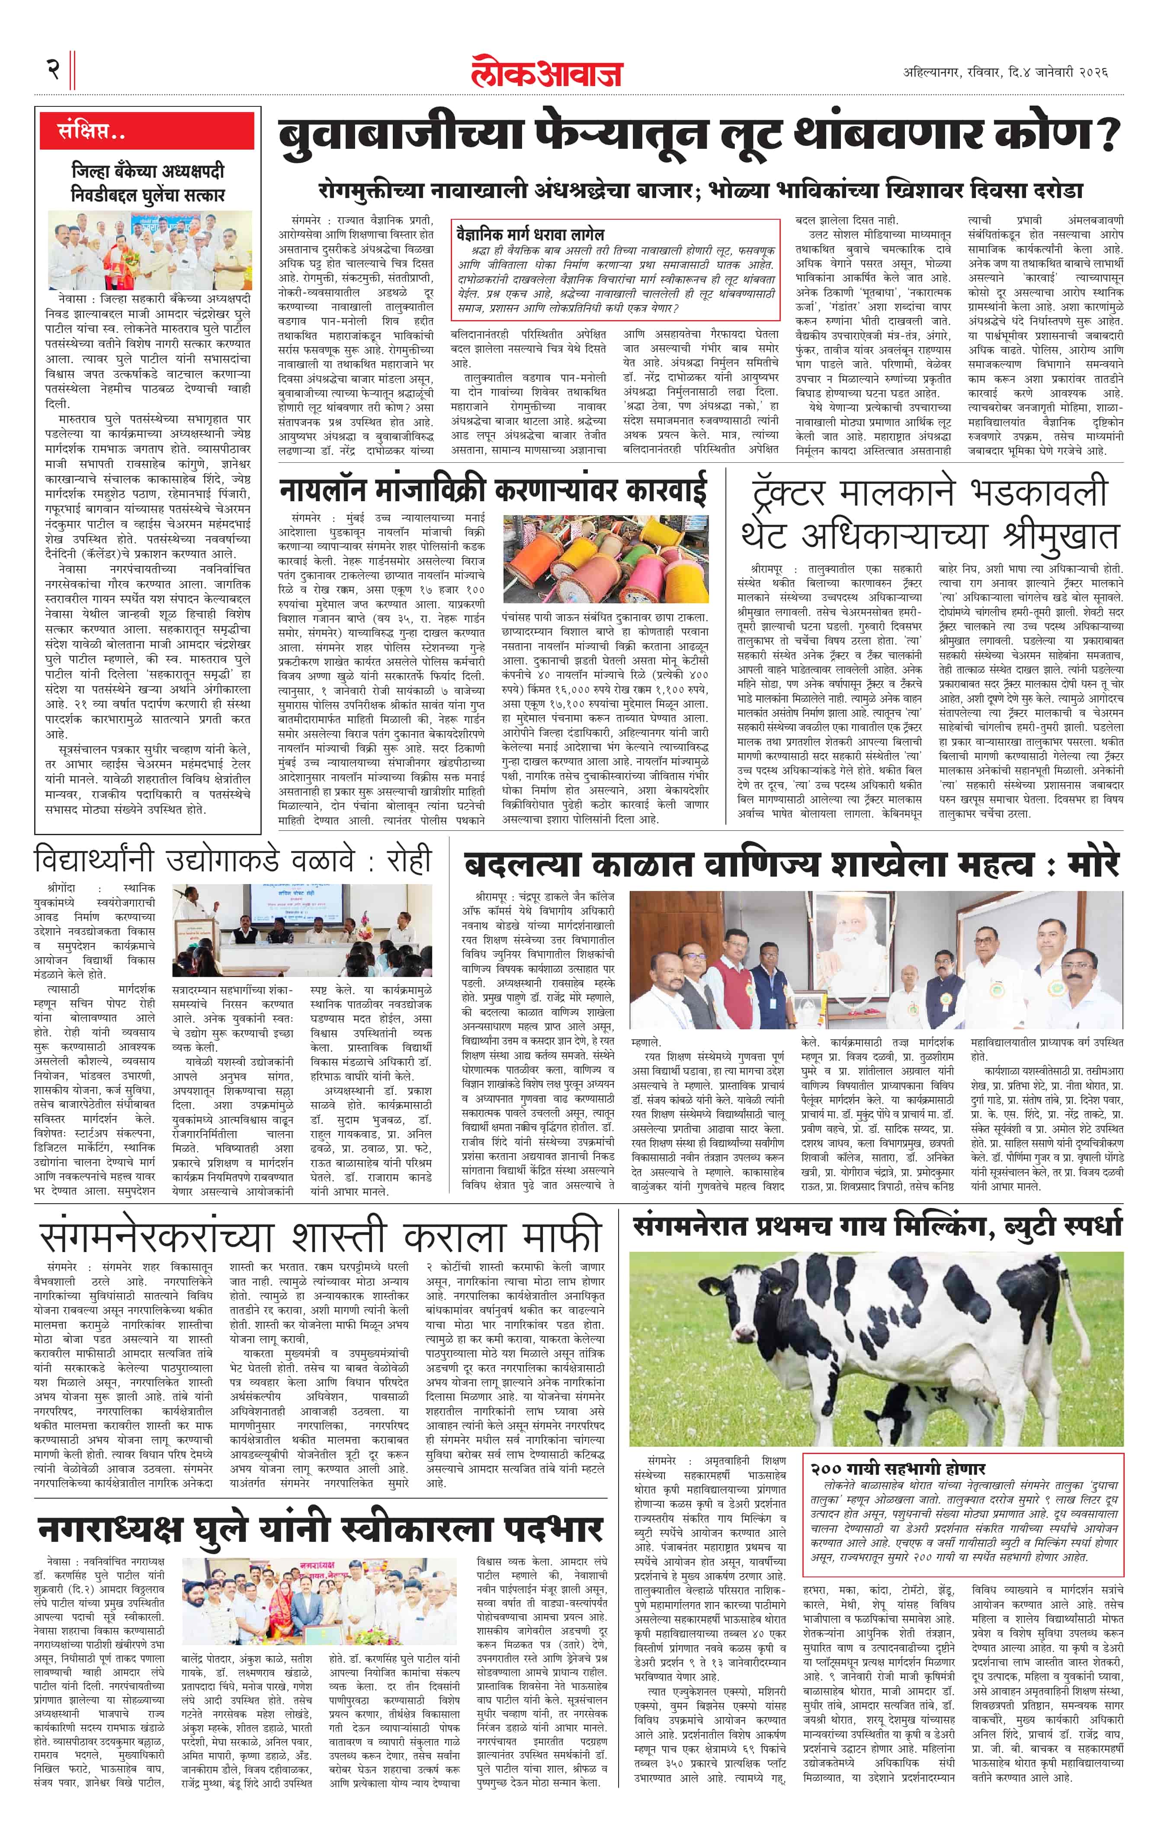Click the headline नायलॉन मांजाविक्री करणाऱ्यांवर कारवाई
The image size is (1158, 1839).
click(493, 489)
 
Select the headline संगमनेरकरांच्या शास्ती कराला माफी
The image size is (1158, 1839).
click(321, 1238)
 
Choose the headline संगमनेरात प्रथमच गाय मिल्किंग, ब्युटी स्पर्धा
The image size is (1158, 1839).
click(877, 1226)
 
